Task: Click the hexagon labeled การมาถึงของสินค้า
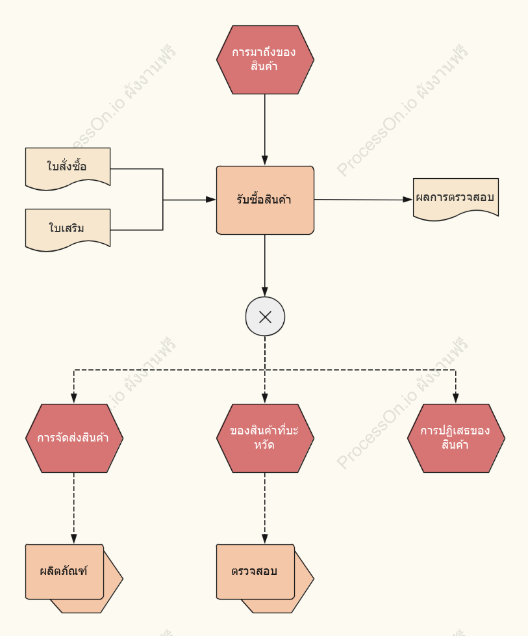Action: click(265, 60)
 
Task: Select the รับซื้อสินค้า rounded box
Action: click(265, 200)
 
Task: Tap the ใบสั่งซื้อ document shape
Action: click(68, 168)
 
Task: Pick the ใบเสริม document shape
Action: click(68, 229)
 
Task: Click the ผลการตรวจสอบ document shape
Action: click(456, 198)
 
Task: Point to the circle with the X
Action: click(265, 317)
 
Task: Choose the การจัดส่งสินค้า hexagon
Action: click(74, 438)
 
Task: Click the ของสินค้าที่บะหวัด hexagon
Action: click(265, 438)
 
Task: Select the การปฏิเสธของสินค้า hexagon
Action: click(456, 438)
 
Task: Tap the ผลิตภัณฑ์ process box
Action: click(65, 572)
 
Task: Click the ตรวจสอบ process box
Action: click(255, 572)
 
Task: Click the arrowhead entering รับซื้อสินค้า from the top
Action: click(265, 161)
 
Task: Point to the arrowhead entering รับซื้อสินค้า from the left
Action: click(210, 200)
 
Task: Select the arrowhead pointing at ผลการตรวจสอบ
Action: click(408, 200)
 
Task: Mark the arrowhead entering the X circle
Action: click(265, 291)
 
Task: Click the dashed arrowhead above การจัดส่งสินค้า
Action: click(74, 398)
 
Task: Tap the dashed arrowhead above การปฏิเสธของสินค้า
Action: click(456, 398)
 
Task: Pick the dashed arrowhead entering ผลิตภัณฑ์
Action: click(74, 538)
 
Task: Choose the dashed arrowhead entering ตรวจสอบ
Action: click(265, 538)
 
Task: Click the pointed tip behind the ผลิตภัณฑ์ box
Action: click(122, 578)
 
